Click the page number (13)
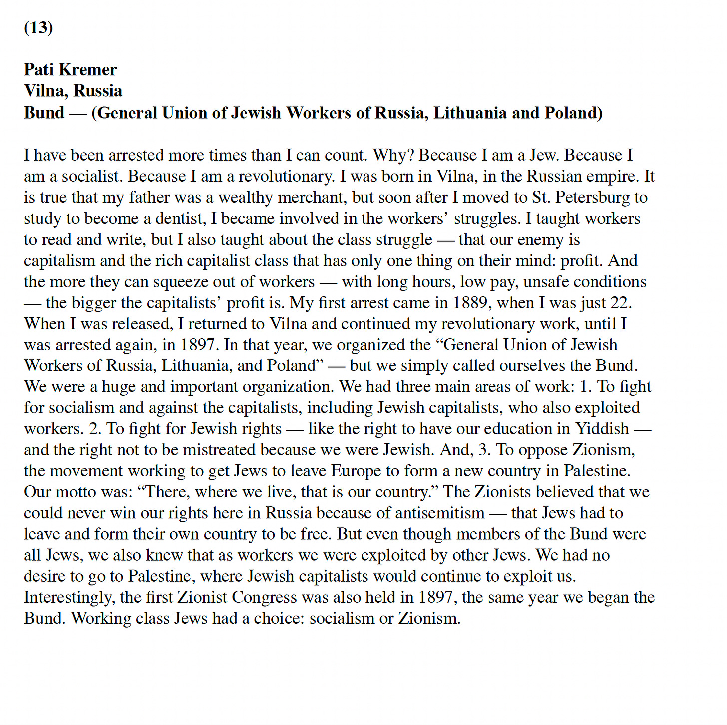(x=38, y=27)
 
